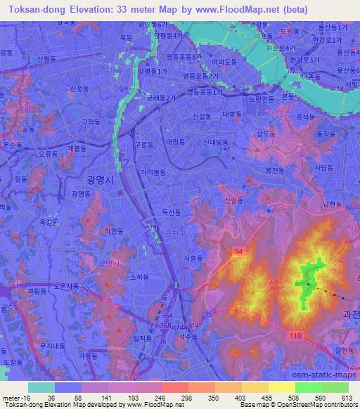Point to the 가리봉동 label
tap(153, 172)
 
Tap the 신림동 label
tap(233, 200)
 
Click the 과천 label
tap(349, 316)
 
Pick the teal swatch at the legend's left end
tap(41, 387)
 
